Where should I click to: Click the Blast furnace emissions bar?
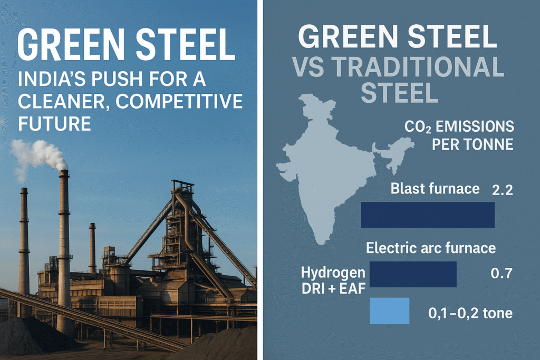click(x=427, y=215)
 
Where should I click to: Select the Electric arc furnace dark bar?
click(x=413, y=274)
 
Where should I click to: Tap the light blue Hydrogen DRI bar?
click(x=390, y=311)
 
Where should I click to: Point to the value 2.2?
click(x=503, y=190)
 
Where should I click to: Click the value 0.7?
click(x=502, y=274)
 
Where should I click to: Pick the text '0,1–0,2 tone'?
click(x=470, y=313)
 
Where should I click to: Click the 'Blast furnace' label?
click(x=435, y=189)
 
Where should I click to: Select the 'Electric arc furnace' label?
click(x=431, y=248)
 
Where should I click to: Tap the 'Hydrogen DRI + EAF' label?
click(x=333, y=280)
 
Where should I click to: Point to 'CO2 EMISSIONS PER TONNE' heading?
click(x=459, y=135)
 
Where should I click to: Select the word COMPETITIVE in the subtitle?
click(x=179, y=101)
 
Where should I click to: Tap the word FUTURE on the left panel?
click(x=54, y=123)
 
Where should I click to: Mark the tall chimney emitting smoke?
click(x=64, y=251)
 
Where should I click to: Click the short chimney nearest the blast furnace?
click(x=92, y=248)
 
